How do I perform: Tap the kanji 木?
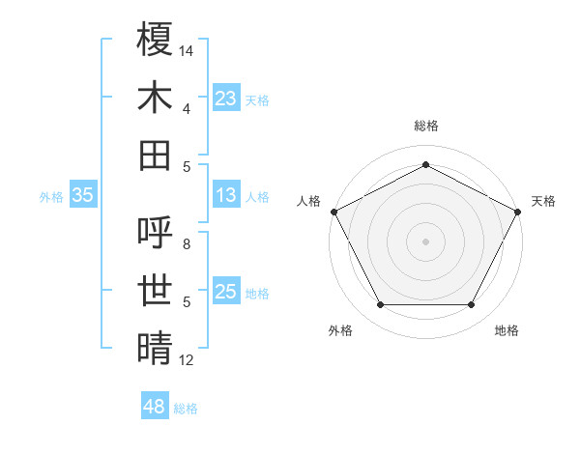pyautogui.click(x=156, y=98)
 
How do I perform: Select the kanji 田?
pyautogui.click(x=156, y=155)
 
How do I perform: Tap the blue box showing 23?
pyautogui.click(x=226, y=99)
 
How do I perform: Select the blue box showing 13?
pyautogui.click(x=226, y=196)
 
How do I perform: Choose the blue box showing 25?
pyautogui.click(x=226, y=293)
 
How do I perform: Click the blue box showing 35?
pyautogui.click(x=82, y=196)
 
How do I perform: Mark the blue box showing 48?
pyautogui.click(x=154, y=407)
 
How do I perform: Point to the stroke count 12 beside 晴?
pyautogui.click(x=187, y=360)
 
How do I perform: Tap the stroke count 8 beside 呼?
pyautogui.click(x=187, y=244)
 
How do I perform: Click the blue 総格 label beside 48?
pyautogui.click(x=186, y=409)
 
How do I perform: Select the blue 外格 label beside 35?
pyautogui.click(x=51, y=197)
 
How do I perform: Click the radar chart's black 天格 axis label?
pyautogui.click(x=543, y=201)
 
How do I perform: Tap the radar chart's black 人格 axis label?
pyautogui.click(x=309, y=201)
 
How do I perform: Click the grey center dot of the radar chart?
pyautogui.click(x=425, y=241)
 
